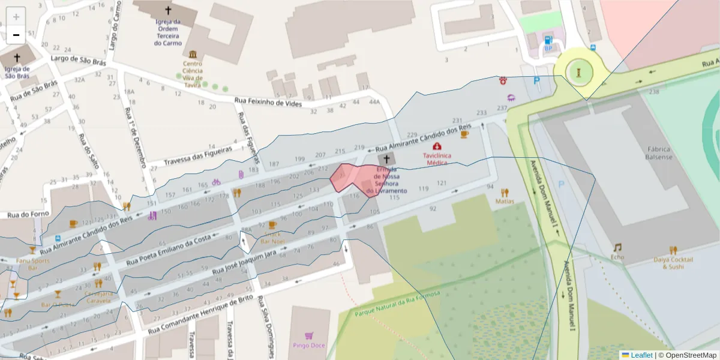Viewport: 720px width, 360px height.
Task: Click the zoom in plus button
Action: point(16,17)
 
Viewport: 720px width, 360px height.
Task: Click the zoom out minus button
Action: point(16,35)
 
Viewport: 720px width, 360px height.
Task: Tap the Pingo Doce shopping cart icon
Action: point(309,335)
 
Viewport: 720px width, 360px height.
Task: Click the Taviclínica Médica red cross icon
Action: point(436,146)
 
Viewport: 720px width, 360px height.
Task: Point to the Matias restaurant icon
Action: point(504,192)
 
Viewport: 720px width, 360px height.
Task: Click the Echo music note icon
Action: point(617,247)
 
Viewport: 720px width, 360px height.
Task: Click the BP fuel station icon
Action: point(548,40)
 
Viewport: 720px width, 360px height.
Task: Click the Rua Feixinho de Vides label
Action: point(267,102)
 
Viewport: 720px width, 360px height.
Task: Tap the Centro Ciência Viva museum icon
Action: point(193,54)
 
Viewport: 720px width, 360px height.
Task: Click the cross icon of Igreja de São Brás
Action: point(17,58)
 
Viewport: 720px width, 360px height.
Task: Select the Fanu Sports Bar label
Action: point(32,265)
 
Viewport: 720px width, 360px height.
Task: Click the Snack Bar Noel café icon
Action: point(272,226)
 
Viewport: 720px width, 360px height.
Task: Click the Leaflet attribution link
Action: point(641,355)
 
